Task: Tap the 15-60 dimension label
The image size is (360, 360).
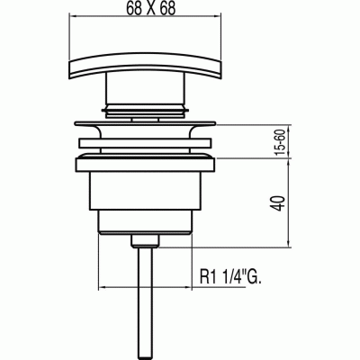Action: pyautogui.click(x=281, y=141)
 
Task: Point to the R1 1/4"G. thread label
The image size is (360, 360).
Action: pyautogui.click(x=230, y=277)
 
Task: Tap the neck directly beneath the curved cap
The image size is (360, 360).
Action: pyautogui.click(x=145, y=88)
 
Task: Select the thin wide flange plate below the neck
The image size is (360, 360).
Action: pyautogui.click(x=145, y=123)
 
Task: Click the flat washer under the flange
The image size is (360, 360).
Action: pyautogui.click(x=145, y=143)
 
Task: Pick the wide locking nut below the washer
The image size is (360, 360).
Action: pyautogui.click(x=145, y=165)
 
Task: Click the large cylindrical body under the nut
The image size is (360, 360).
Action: pyautogui.click(x=145, y=191)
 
